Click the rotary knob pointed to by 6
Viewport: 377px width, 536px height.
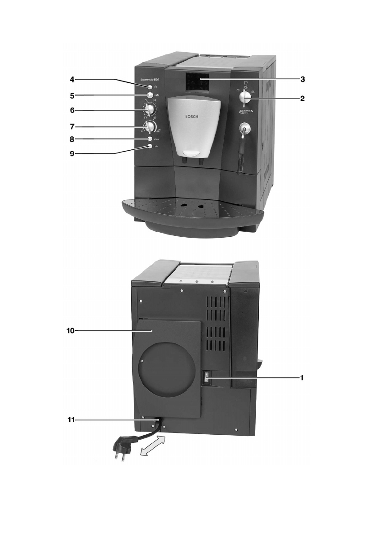150,110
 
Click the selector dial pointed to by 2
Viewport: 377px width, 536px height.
245,97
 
